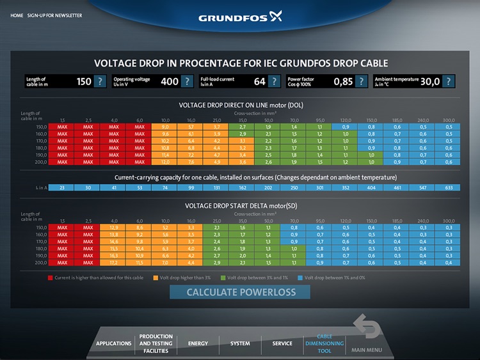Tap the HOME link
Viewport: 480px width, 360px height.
[x=17, y=15]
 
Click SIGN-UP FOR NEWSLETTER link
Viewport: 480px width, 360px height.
[x=54, y=15]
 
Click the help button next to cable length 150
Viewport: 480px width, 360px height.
[x=100, y=81]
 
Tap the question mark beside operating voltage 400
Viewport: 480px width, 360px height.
[x=187, y=81]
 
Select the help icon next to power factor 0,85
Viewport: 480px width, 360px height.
[x=361, y=81]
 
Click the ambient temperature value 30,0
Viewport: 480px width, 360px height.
[x=429, y=81]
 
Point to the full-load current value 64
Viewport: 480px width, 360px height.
[x=259, y=81]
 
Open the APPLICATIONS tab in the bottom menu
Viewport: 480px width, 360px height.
[x=113, y=343]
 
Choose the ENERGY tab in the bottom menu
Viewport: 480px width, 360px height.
[x=198, y=343]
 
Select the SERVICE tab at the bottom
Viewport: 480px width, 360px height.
[x=282, y=343]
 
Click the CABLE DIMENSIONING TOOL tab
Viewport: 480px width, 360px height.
[x=324, y=343]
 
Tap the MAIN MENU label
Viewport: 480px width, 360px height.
[x=366, y=350]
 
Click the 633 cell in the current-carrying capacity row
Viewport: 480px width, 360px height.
[x=449, y=188]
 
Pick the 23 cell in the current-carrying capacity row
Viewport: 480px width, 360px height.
[x=62, y=188]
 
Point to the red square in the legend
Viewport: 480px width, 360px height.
[x=51, y=278]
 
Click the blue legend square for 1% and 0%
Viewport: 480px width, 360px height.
[x=300, y=278]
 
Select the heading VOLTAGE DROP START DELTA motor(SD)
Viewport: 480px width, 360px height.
[x=240, y=206]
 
